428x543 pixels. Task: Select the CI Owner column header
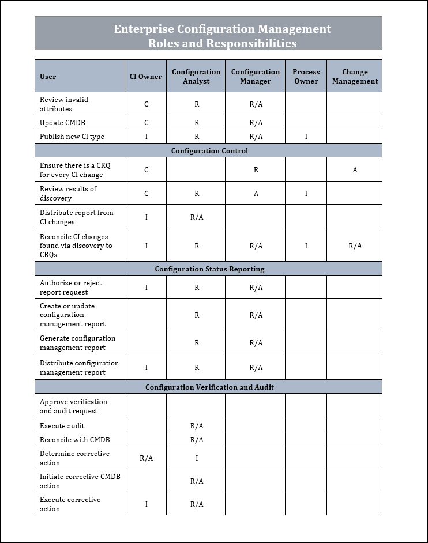click(145, 76)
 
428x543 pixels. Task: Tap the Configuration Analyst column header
click(196, 76)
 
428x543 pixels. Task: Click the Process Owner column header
click(306, 76)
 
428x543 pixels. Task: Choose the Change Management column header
click(355, 76)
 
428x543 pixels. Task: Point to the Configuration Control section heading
click(209, 151)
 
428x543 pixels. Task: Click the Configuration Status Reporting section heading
click(209, 269)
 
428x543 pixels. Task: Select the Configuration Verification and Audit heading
click(209, 387)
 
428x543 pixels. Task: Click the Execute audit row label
click(62, 426)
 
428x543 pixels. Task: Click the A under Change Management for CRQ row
click(355, 170)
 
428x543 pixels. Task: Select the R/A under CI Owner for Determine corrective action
click(147, 458)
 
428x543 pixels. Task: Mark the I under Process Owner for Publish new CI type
click(306, 137)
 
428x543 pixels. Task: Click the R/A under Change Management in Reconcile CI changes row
click(355, 246)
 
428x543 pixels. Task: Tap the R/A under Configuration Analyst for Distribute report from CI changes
click(197, 217)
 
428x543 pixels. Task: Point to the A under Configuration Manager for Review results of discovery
click(256, 194)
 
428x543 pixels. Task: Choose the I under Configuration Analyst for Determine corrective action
click(197, 458)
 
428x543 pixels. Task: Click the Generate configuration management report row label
click(77, 343)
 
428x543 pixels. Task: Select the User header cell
click(48, 77)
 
